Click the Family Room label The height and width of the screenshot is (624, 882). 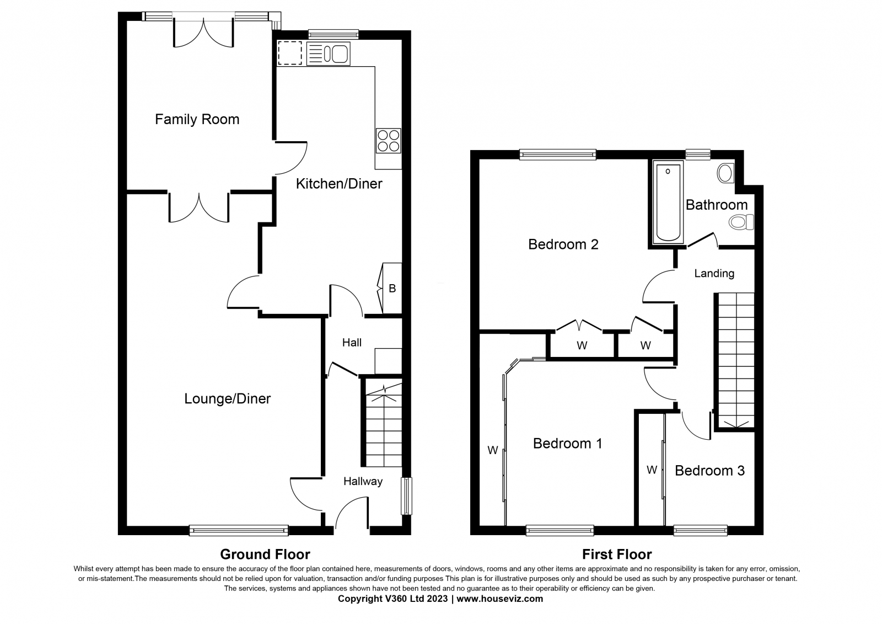point(197,119)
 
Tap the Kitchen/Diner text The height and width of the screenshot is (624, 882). point(339,184)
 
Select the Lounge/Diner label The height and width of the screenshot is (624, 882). point(228,398)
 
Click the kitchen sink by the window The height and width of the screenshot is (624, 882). point(329,54)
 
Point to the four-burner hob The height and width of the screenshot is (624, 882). point(389,141)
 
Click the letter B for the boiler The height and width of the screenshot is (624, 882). point(392,289)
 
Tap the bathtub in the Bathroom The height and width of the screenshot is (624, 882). point(668,202)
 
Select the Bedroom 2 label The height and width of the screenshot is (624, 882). point(563,244)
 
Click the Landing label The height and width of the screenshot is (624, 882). point(714,274)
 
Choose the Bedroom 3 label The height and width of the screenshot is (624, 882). point(709,471)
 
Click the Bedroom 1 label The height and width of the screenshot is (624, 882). point(567,444)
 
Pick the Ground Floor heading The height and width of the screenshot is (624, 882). point(265,554)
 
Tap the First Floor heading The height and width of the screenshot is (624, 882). point(617,554)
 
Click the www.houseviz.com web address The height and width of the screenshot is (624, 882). point(499,599)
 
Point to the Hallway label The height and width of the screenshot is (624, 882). point(363,481)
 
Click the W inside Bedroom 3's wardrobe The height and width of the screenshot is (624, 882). point(652,470)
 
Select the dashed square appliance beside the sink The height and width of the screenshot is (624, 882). point(290,53)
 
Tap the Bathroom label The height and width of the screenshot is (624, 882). point(717,205)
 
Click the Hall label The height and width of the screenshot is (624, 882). point(352,343)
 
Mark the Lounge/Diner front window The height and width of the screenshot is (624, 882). point(239,531)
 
